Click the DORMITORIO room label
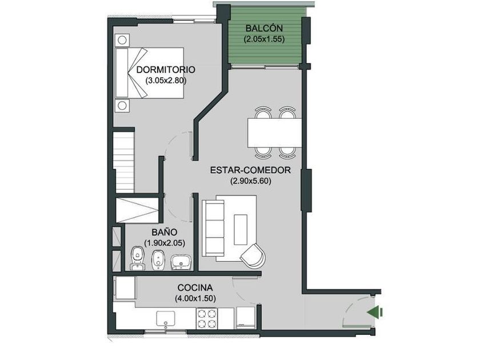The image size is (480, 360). pos(166,70)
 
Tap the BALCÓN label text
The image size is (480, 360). pos(264,28)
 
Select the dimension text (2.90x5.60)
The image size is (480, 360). pos(251,181)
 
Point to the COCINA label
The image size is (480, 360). pos(195,288)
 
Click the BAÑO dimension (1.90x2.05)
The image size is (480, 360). pos(165,243)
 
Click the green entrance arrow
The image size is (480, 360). pos(375,312)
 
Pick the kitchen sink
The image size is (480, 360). pos(166,319)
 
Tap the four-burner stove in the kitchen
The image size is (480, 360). pos(207,318)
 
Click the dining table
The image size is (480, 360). pos(275,133)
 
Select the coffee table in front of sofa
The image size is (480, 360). pos(241,229)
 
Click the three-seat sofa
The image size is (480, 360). pos(213,228)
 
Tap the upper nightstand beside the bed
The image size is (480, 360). pos(122,40)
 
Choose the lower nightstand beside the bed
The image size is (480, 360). pos(122,106)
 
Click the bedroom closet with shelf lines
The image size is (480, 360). pos(123,162)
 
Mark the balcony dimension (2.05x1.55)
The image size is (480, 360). pos(264,39)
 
